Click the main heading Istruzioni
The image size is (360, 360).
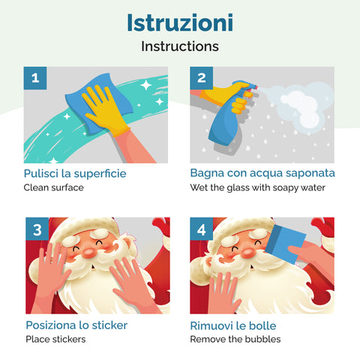tap(180, 22)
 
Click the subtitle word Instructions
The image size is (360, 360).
tap(180, 46)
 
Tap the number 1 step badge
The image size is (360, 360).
tap(35, 78)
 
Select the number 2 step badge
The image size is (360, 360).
tap(201, 78)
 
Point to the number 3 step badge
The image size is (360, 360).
tap(37, 229)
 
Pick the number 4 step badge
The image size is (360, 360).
tap(201, 229)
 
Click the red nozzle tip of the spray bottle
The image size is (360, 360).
tap(255, 87)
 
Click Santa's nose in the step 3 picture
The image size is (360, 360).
tap(89, 253)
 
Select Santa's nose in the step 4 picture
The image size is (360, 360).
tap(248, 253)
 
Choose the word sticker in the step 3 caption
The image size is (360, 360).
tap(109, 325)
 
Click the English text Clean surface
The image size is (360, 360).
tap(54, 187)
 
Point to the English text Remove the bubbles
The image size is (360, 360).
tap(235, 339)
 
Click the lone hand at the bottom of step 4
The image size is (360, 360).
tap(223, 294)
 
